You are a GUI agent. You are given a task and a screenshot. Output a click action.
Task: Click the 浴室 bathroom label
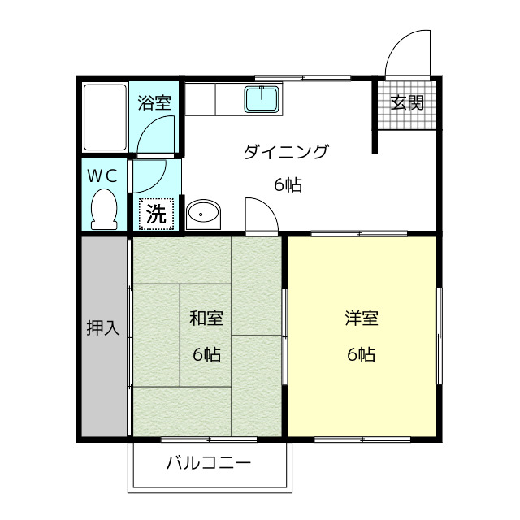point(154,103)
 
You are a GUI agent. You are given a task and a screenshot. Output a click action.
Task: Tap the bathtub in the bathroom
point(106,117)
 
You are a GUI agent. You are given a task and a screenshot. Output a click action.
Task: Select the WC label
point(102,174)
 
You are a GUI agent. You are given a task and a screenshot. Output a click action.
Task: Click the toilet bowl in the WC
point(103,209)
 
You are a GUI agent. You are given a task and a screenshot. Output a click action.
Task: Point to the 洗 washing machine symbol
point(155,214)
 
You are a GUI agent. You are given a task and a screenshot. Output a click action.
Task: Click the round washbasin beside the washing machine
point(202,214)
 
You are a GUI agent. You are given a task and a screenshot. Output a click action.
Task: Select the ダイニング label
point(286,151)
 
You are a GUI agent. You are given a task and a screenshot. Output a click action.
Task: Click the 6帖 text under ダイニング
point(288,185)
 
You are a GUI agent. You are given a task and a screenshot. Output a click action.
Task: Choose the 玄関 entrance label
point(405,103)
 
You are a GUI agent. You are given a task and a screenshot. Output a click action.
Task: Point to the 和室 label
point(206,318)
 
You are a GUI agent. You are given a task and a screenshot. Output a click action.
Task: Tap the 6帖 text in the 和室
point(206,355)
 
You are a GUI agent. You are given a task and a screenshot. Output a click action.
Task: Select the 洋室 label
point(362,318)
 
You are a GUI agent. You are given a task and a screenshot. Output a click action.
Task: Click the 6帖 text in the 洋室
point(362,355)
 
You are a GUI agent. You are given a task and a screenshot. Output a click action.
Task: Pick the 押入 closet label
point(104,328)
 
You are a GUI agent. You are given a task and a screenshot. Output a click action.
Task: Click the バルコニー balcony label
point(209,465)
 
